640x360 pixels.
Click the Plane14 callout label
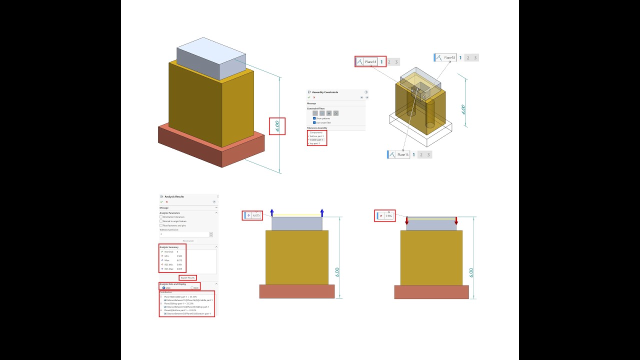click(x=370, y=62)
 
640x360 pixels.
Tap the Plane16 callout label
click(x=402, y=155)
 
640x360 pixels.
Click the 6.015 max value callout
click(x=256, y=215)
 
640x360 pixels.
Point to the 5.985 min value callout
click(x=389, y=216)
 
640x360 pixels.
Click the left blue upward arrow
click(x=272, y=212)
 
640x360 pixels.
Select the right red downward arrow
click(x=456, y=220)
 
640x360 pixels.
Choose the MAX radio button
click(x=163, y=288)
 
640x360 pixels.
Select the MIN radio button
click(x=191, y=288)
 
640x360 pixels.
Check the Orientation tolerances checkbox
click(x=161, y=217)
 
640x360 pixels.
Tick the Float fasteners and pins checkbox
click(x=161, y=225)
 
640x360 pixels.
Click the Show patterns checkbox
click(x=314, y=118)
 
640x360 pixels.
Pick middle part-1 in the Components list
click(x=317, y=139)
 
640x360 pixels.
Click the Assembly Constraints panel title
click(x=325, y=92)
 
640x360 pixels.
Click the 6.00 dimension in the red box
click(x=277, y=126)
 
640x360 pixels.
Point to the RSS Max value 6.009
click(x=179, y=269)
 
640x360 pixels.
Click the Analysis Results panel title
click(x=174, y=196)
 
